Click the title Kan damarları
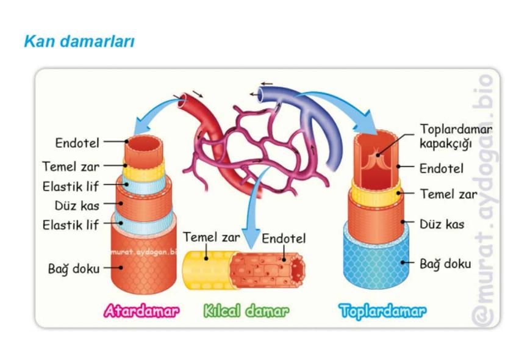pos(79,41)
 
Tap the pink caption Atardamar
pos(141,311)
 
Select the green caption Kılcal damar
pos(246,311)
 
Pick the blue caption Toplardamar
pos(382,311)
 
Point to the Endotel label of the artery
pos(77,143)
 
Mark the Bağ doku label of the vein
pos(445,264)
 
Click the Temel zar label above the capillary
pos(211,237)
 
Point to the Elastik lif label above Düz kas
pos(70,185)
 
